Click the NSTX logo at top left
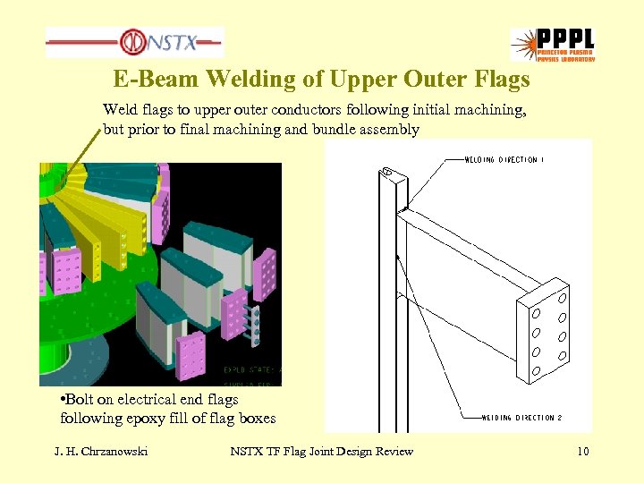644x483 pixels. click(x=134, y=41)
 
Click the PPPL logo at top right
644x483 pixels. click(x=552, y=44)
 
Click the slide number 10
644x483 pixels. click(x=582, y=452)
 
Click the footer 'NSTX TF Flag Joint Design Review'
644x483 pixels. click(x=321, y=452)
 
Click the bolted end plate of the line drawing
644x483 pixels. click(x=547, y=330)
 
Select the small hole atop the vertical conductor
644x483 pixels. click(x=387, y=171)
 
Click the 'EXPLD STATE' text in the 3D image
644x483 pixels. click(x=248, y=368)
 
